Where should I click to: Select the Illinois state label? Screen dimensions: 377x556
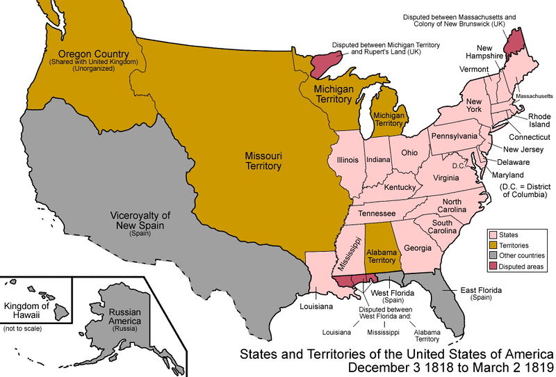click(347, 159)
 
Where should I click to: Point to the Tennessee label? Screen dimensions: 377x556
click(376, 213)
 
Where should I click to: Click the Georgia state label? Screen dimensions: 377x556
click(418, 247)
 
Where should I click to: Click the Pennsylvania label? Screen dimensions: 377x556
click(455, 135)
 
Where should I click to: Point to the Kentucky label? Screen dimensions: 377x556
click(400, 188)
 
